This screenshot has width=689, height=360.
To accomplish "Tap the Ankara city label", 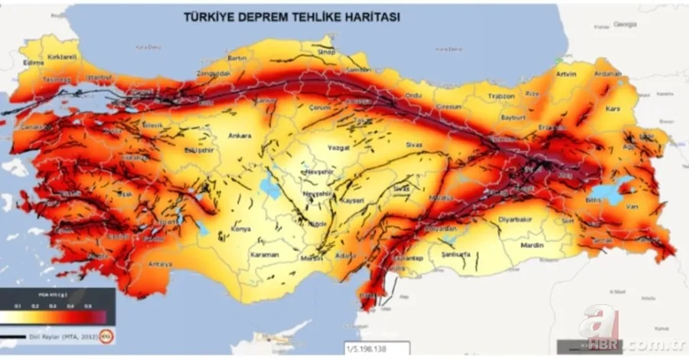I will [x=239, y=137].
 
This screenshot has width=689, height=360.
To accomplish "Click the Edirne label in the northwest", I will [x=32, y=63].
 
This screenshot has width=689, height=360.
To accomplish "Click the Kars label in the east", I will [x=612, y=108].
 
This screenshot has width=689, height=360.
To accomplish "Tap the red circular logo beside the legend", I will [x=108, y=334].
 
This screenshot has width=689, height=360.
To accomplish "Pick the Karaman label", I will [x=263, y=254].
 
